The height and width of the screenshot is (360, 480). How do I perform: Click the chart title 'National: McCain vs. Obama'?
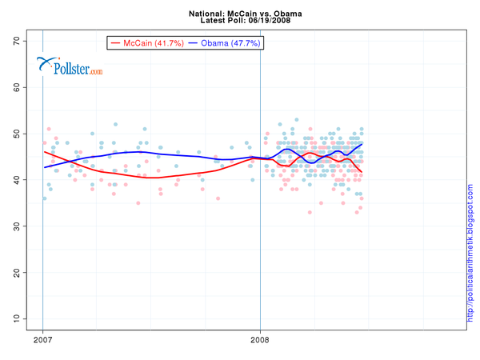click(240, 14)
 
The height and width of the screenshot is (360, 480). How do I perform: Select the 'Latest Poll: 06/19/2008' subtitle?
click(240, 22)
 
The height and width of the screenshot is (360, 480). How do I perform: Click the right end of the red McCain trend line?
click(362, 172)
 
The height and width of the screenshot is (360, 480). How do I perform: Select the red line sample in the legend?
click(117, 42)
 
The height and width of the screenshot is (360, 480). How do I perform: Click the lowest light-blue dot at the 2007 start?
click(44, 198)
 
